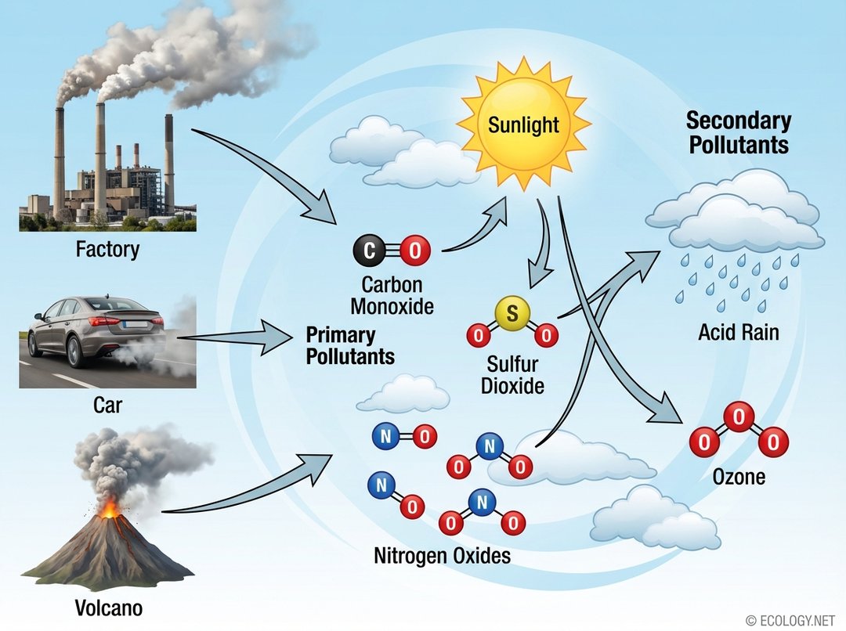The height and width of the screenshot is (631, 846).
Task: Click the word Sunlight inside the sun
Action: point(523,124)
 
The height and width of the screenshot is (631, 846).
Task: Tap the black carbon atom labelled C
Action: point(370,251)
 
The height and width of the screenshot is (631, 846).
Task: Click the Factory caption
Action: point(107,250)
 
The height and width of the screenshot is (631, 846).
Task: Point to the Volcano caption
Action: point(109,608)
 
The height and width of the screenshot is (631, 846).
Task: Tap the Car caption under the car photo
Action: point(107,406)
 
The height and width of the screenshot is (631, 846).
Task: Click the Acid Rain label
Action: point(739,333)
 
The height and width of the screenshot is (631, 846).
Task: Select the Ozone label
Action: point(739,476)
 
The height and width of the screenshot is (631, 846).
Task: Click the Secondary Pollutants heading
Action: point(738,133)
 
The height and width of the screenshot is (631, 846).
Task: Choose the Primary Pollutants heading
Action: point(349,346)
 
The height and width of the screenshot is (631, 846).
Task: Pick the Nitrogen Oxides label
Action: point(442,557)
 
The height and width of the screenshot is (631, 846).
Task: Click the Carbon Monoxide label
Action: point(392,295)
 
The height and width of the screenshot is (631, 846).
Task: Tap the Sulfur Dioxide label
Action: point(512,375)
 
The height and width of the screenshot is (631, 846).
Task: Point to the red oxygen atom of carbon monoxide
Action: point(414,251)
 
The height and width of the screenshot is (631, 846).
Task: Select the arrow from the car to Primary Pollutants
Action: point(235,337)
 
